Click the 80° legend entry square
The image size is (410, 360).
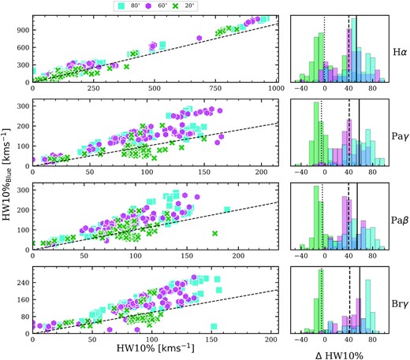121,6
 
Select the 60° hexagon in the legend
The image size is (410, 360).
148,6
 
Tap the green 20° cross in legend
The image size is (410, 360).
175,6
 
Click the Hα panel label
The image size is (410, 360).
400,52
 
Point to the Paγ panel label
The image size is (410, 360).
400,136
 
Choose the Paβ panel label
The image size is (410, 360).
400,220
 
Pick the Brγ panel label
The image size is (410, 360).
400,304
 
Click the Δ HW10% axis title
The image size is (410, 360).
339,355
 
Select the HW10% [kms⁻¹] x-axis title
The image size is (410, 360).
155,348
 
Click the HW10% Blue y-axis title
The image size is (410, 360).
6,174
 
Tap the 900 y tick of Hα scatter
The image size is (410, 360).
23,30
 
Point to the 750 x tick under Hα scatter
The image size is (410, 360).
215,88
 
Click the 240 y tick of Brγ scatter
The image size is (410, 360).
23,283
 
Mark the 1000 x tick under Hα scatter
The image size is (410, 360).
276,88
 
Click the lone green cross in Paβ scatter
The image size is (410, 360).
215,233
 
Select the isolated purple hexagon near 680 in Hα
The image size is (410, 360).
199,38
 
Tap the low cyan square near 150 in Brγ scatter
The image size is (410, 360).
214,326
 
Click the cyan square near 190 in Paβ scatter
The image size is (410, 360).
227,210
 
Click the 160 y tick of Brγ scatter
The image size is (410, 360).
23,299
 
